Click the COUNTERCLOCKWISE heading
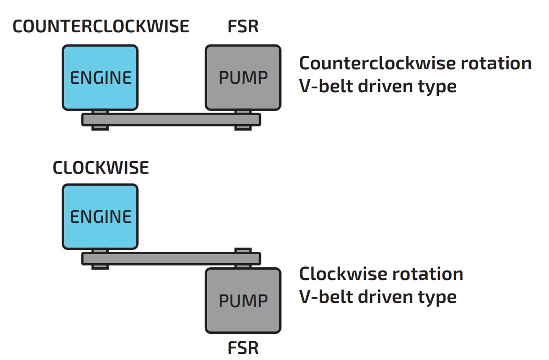coord(101,26)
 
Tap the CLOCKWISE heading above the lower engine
coord(101,168)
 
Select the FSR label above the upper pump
coord(243,26)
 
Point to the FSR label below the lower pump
coord(243,348)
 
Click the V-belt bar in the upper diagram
coord(171,119)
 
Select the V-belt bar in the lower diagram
coord(171,258)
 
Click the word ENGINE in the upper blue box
coord(101,77)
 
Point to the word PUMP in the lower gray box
coord(243,300)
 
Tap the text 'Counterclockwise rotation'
coord(415,63)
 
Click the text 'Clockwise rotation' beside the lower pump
coord(381,273)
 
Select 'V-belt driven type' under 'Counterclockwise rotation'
coord(378,86)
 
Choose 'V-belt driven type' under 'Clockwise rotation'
coord(378,297)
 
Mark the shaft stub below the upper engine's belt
coord(100,127)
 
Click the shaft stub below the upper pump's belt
coord(243,127)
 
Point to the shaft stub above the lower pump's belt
coord(243,250)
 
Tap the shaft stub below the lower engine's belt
coord(100,266)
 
